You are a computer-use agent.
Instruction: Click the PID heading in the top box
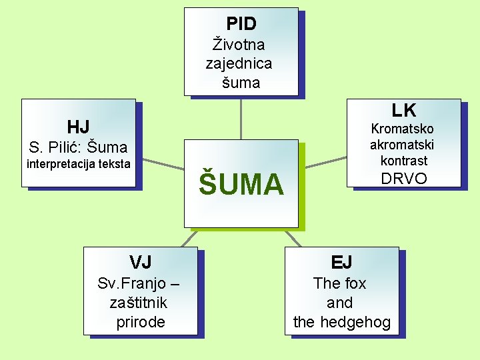coord(241,24)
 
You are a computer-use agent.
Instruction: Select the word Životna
coord(238,45)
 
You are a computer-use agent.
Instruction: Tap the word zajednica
coord(239,64)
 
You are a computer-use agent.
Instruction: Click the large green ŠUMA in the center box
coord(241,184)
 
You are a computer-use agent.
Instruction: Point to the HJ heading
coord(78,127)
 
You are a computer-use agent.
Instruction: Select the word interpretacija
coord(62,164)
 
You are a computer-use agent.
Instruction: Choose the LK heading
coord(403,110)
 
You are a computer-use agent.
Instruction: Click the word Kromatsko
coord(402,129)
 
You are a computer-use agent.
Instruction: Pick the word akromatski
coord(402,145)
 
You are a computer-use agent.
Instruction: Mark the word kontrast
coord(403,161)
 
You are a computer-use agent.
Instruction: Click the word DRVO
coord(403,179)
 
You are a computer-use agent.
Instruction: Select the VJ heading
coord(141,261)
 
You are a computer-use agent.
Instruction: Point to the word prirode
coord(141,322)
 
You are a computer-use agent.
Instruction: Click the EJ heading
coord(341,261)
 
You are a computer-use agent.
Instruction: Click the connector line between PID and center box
coord(241,119)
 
